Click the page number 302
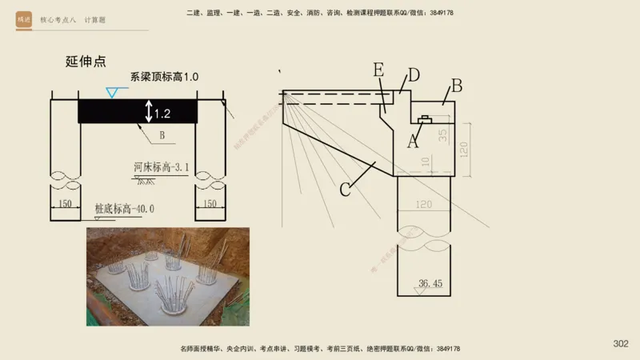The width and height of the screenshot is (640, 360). [x=621, y=344]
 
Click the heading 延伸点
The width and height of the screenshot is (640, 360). [x=86, y=62]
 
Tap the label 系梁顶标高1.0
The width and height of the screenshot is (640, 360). [x=164, y=77]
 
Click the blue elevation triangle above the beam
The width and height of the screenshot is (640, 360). [x=112, y=93]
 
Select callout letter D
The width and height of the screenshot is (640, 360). [x=414, y=75]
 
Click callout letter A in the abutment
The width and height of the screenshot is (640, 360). [x=413, y=142]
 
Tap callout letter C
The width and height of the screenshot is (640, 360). [x=346, y=189]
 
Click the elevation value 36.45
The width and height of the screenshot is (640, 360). [x=430, y=283]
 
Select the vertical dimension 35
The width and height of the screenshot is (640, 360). [x=442, y=134]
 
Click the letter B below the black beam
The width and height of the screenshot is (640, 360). [x=162, y=136]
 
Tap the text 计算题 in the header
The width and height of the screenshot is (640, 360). [x=95, y=19]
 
